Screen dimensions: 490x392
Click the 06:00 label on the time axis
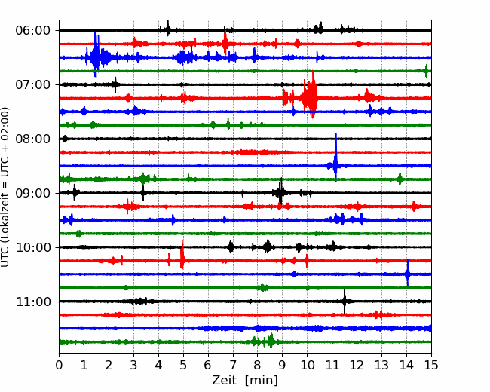[x=32, y=31]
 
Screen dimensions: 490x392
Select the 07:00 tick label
[x=32, y=84]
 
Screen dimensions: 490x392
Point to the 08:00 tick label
[x=32, y=139]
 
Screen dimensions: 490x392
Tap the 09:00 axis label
[x=32, y=193]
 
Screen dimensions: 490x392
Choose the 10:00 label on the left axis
[x=32, y=247]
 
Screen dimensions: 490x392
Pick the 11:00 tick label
[x=32, y=302]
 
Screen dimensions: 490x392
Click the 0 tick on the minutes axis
[x=59, y=365]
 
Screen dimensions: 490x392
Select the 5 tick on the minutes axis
[x=183, y=365]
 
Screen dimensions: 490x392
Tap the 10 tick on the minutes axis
[x=307, y=365]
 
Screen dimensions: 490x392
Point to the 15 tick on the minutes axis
[x=431, y=365]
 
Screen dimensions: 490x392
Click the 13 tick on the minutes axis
[x=381, y=365]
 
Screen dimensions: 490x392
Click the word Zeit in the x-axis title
[x=224, y=381]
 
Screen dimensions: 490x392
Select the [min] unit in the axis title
[x=262, y=381]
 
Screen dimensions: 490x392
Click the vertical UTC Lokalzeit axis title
[x=5, y=187]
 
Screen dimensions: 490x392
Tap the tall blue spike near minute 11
[x=335, y=158]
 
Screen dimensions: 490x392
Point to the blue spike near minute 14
[x=408, y=273]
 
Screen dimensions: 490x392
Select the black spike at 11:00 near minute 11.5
[x=345, y=301]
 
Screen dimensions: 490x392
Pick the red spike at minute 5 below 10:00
[x=182, y=255]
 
